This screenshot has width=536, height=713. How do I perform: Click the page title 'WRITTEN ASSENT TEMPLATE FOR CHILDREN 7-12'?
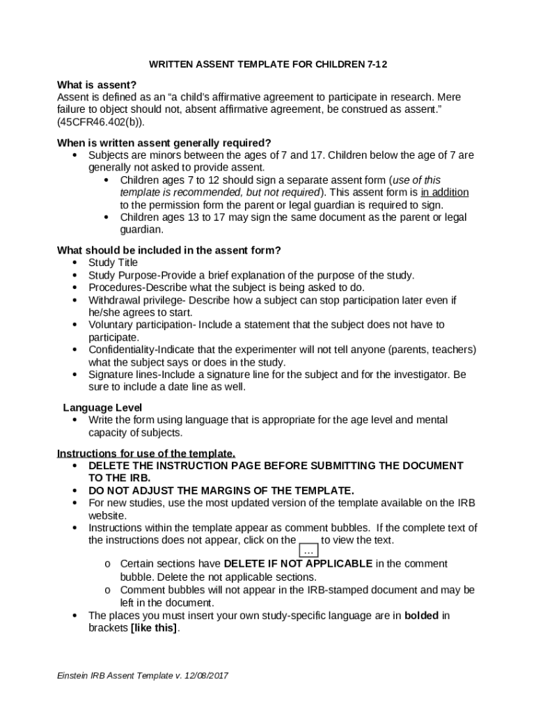pyautogui.click(x=268, y=65)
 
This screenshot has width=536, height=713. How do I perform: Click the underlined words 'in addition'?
pyautogui.click(x=444, y=192)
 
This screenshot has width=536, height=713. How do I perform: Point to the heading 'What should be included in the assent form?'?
pyautogui.click(x=168, y=251)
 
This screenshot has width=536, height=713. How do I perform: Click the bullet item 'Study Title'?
pyautogui.click(x=113, y=263)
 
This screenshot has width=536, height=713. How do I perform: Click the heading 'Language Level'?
pyautogui.click(x=102, y=407)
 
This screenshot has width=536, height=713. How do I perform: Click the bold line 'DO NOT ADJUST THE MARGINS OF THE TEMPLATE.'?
pyautogui.click(x=221, y=490)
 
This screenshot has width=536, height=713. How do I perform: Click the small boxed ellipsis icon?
pyautogui.click(x=308, y=551)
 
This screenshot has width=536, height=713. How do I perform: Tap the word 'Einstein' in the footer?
pyautogui.click(x=75, y=676)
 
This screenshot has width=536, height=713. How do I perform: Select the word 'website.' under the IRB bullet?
pyautogui.click(x=107, y=516)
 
